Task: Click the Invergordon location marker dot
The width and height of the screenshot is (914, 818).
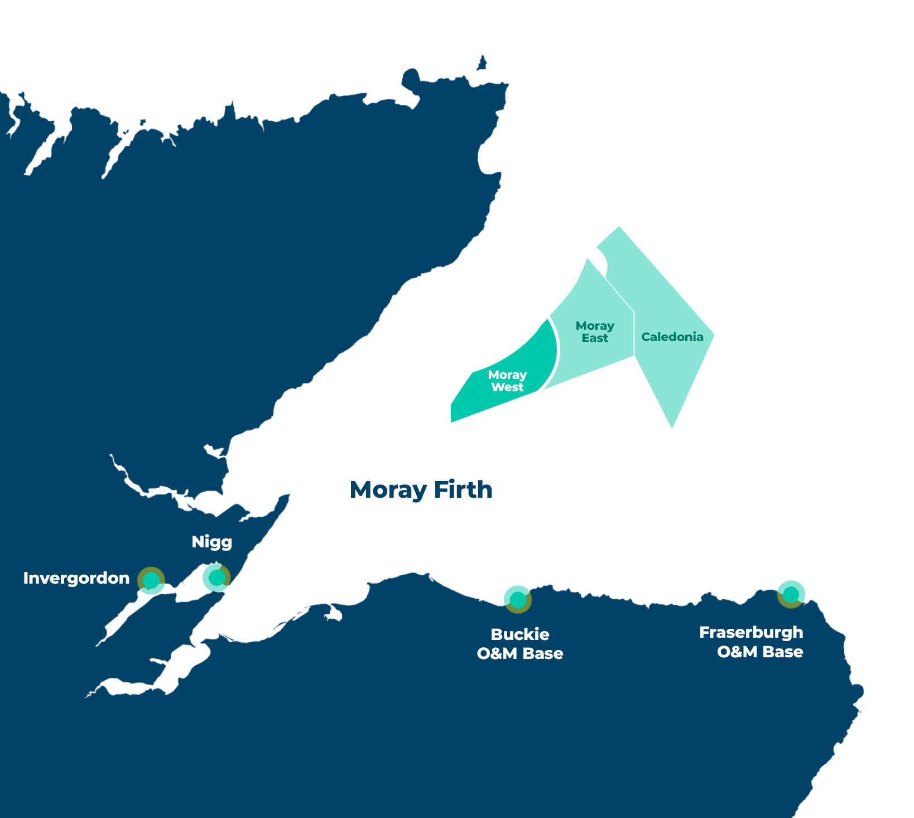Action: pos(151,581)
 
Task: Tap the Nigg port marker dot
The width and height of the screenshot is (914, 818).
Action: pos(217,578)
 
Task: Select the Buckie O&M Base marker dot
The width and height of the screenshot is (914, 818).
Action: pos(518,600)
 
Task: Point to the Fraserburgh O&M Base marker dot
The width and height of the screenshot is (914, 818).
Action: pos(791,595)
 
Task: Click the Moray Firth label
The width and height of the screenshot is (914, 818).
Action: pos(421,490)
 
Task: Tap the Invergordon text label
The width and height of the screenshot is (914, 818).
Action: pos(76,578)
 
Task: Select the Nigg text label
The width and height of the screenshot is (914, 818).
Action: pos(211,542)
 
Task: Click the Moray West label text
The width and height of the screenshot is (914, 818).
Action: pos(507,381)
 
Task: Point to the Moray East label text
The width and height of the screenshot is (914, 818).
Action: pos(595,332)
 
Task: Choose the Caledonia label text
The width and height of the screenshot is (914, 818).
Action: pos(672,337)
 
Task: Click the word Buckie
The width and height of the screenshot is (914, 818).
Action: pos(520,634)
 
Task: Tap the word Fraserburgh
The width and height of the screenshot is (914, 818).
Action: pos(751,632)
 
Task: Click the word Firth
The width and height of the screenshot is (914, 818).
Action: pos(463,490)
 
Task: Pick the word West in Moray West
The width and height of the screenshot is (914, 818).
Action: pos(507,387)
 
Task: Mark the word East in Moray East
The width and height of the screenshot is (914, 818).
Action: pos(595,338)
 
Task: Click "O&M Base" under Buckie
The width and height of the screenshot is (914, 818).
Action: pos(520,653)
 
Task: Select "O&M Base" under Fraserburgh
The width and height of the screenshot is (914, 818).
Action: pos(760,652)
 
